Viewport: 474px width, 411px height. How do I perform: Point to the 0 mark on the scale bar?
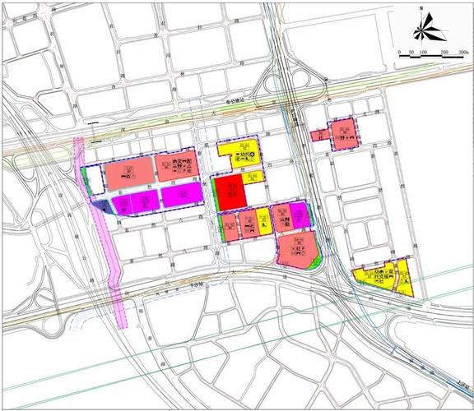[399, 53]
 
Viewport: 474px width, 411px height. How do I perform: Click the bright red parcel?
[230, 194]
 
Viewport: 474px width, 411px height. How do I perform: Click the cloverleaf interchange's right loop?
[313, 83]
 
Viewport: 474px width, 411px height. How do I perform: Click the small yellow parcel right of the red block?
[264, 221]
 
